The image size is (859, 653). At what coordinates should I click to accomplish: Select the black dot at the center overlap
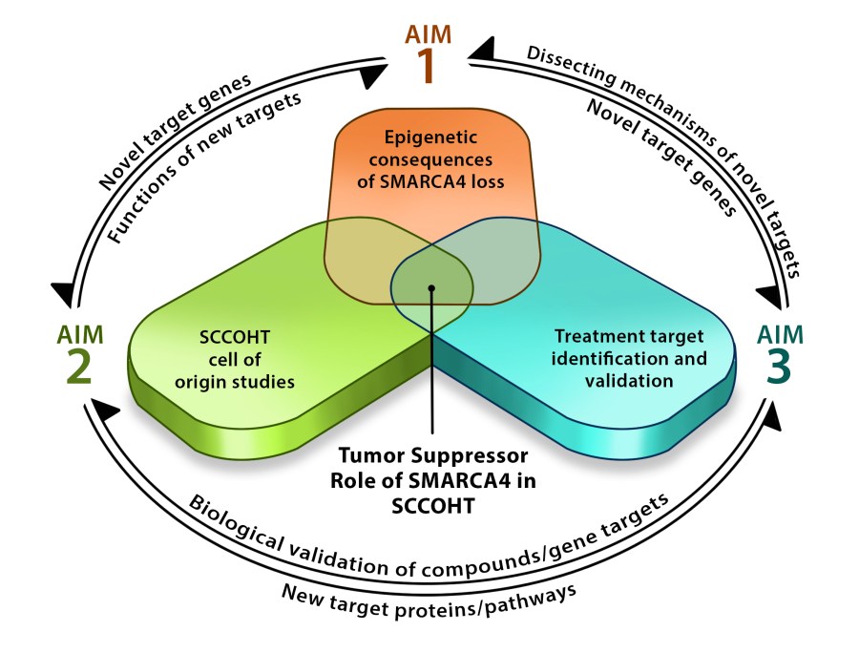coord(431,286)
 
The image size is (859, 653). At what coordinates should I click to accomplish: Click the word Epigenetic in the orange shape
coord(430,137)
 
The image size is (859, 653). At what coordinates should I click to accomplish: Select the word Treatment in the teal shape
coord(594,337)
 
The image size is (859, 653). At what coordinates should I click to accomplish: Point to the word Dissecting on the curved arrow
coord(564,65)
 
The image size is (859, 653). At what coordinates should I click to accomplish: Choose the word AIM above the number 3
coord(781,334)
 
